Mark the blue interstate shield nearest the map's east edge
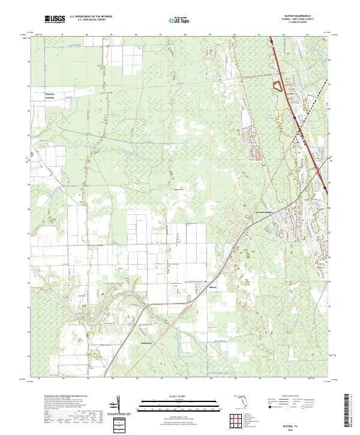point(325,188)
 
